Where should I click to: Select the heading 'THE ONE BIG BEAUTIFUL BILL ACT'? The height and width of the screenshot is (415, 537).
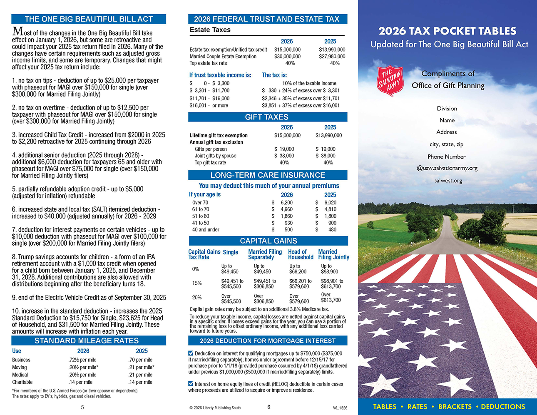[89, 19]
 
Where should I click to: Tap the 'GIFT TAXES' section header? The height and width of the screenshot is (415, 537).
[267, 117]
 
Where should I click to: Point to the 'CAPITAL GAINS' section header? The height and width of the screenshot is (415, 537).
[268, 241]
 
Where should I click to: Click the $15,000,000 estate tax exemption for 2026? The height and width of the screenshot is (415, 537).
[287, 50]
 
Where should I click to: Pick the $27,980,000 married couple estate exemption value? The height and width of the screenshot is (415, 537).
[332, 56]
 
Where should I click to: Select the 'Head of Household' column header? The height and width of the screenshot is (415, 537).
[300, 254]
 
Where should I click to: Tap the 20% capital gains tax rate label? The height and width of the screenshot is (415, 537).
[196, 298]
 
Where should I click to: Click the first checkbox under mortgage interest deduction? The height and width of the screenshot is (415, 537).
[191, 353]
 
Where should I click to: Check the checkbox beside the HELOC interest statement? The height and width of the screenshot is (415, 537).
[191, 384]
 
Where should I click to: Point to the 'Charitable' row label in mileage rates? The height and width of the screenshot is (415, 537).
[22, 382]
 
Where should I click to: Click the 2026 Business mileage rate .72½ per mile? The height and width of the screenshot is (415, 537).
[82, 360]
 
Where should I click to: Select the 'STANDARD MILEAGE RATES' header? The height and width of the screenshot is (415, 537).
[87, 340]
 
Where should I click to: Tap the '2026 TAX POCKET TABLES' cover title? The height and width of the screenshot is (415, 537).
[447, 31]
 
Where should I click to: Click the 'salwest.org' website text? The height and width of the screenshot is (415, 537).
[448, 181]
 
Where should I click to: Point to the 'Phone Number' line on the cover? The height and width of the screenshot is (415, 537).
[446, 157]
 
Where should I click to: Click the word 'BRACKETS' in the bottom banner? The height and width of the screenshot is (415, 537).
[455, 406]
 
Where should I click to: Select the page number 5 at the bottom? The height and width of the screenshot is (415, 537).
[82, 407]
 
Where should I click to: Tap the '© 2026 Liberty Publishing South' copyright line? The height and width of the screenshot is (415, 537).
[215, 408]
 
